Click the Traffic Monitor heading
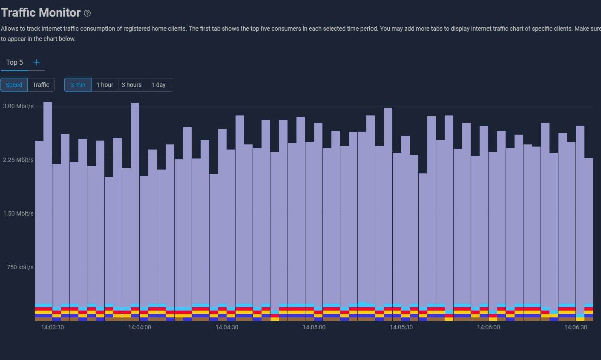pyautogui.click(x=41, y=13)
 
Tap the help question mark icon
pyautogui.click(x=87, y=13)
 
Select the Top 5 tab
pyautogui.click(x=14, y=62)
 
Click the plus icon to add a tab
pyautogui.click(x=37, y=62)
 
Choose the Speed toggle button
pyautogui.click(x=14, y=85)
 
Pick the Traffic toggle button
pyautogui.click(x=41, y=85)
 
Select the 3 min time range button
pyautogui.click(x=78, y=85)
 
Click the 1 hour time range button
pyautogui.click(x=105, y=85)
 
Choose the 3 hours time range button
pyautogui.click(x=132, y=85)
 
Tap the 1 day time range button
pyautogui.click(x=158, y=85)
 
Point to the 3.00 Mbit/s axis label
pyautogui.click(x=18, y=106)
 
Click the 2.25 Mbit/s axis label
pyautogui.click(x=18, y=160)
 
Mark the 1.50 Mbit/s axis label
pyautogui.click(x=18, y=213)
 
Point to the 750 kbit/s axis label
pyautogui.click(x=20, y=267)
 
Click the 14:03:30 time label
pyautogui.click(x=52, y=327)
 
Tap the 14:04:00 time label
pyautogui.click(x=140, y=327)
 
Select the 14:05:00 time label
pyautogui.click(x=314, y=327)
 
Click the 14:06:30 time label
pyautogui.click(x=575, y=327)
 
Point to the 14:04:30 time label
pyautogui.click(x=227, y=327)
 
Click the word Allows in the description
pyautogui.click(x=10, y=29)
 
